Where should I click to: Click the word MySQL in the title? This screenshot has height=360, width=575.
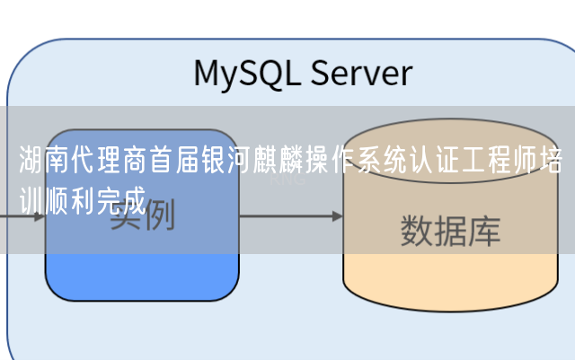tap(248, 73)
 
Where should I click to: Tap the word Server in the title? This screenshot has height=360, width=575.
tap(361, 73)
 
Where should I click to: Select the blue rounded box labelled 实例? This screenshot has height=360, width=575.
tap(142, 269)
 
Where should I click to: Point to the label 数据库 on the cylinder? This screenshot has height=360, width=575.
tap(450, 231)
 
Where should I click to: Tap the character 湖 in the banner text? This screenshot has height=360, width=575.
tap(30, 163)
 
